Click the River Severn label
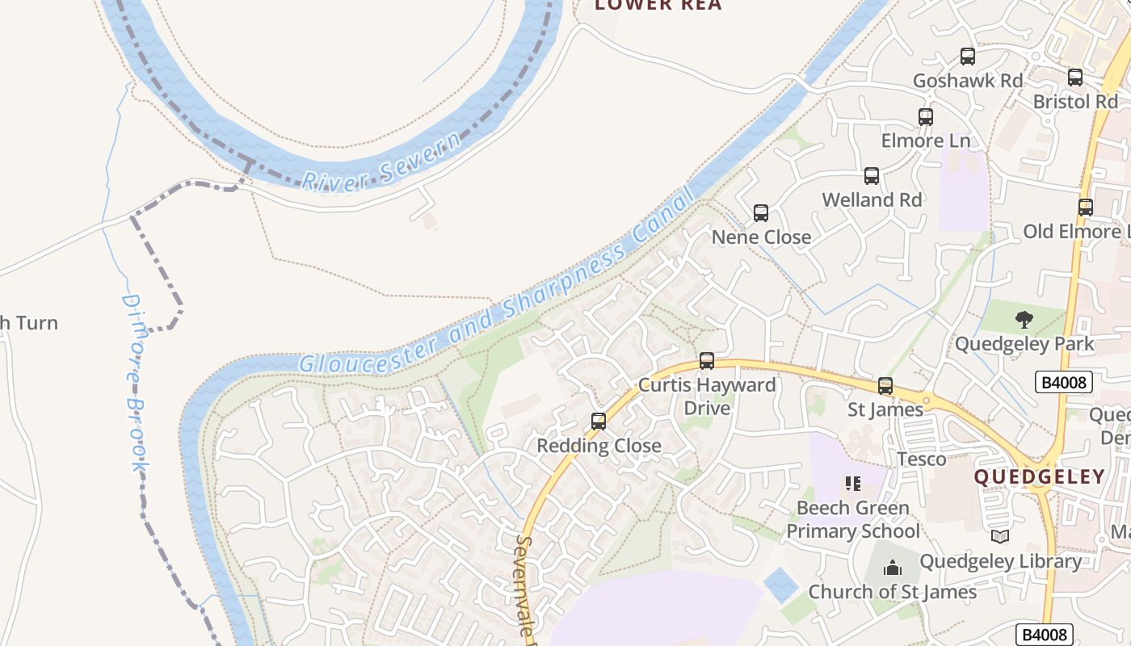tap(382, 159)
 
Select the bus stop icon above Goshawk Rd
tap(968, 57)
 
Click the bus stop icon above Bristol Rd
tap(1075, 78)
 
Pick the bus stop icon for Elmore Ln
tap(926, 117)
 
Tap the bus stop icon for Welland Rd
tap(872, 176)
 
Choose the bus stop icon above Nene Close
tap(761, 213)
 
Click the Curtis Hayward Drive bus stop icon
tap(707, 361)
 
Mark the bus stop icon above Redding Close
tap(599, 422)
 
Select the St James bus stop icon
tap(885, 386)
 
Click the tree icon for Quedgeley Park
tap(1024, 320)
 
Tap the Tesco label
tap(922, 459)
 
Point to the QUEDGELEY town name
tap(1039, 476)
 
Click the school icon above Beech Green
tap(852, 484)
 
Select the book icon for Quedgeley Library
tap(1000, 537)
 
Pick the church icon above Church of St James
tap(893, 568)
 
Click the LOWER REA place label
tap(658, 6)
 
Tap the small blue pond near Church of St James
tap(780, 584)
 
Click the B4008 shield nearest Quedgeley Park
tap(1064, 382)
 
